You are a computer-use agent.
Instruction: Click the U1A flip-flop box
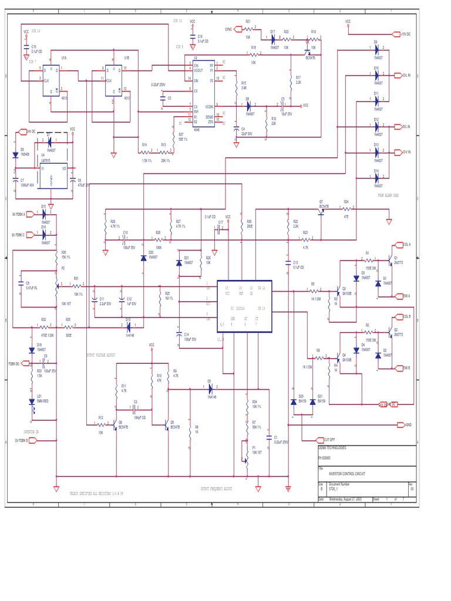tap(51, 83)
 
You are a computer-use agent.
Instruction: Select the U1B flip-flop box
tap(118, 82)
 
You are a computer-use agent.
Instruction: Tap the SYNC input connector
tap(238, 28)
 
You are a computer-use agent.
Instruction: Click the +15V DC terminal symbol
tap(396, 34)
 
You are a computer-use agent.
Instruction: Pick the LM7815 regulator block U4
tap(52, 175)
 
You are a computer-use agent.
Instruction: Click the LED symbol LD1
tap(32, 401)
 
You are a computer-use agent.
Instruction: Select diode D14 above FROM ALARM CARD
tap(376, 178)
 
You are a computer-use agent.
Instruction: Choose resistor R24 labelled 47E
tap(346, 208)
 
